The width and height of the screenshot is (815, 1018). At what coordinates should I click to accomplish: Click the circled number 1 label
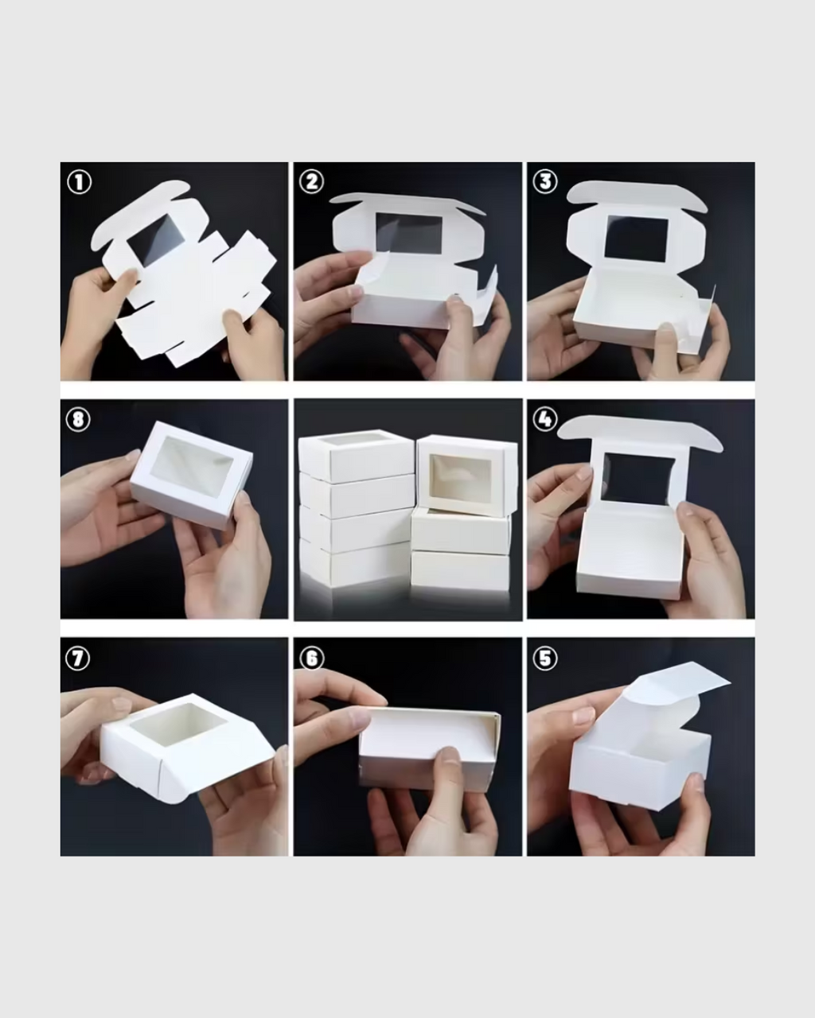coord(78,182)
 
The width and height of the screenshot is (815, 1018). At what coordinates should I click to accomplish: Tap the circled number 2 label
coord(311,182)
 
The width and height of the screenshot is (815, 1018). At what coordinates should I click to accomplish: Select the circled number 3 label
coord(544,182)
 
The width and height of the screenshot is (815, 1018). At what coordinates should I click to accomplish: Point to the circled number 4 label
coord(544,419)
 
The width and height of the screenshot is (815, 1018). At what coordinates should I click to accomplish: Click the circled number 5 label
coord(544,658)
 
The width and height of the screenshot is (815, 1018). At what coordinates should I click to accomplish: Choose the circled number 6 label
coord(311,658)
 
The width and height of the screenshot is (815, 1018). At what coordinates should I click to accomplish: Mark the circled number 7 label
coord(78,658)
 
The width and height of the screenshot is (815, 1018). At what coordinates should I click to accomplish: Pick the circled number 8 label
coord(78,419)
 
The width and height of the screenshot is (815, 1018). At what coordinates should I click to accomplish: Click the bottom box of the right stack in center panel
coord(460,572)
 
